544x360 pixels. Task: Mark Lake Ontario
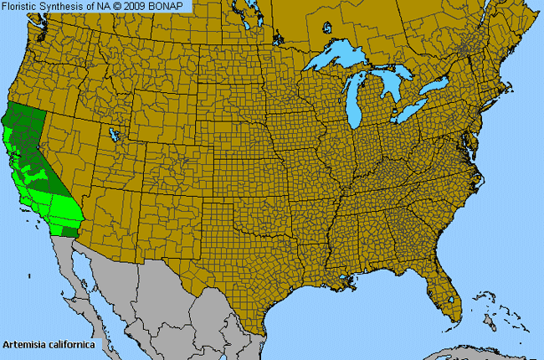tap(435, 86)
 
